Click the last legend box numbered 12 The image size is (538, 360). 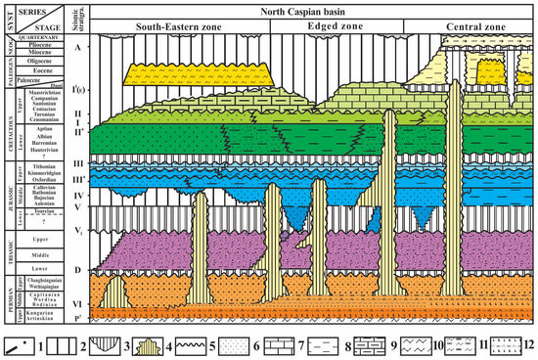501,343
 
